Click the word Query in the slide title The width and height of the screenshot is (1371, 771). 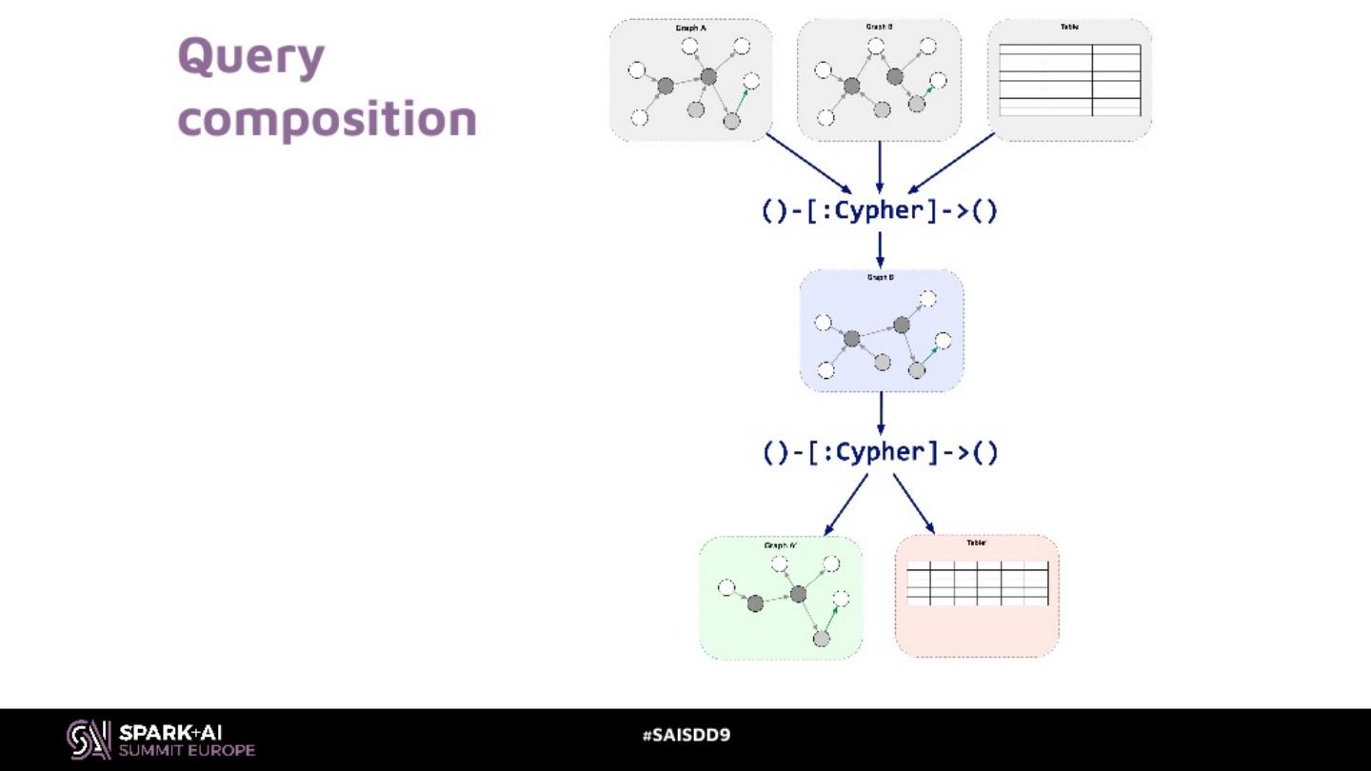coord(251,57)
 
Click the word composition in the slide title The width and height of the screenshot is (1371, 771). coord(327,119)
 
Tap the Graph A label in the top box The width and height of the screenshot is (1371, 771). coord(690,29)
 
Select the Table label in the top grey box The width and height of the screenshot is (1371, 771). coord(1069,27)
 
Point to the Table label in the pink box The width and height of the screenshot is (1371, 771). coord(976,543)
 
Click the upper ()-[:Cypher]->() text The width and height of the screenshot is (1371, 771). coord(880,210)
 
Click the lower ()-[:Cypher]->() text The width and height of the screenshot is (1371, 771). coord(880,452)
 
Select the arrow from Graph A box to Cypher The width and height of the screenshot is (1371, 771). coord(809,164)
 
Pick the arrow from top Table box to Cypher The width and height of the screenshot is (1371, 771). coord(951,163)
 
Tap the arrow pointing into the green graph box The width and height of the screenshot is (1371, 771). coord(845,504)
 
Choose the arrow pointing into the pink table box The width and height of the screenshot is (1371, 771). coord(914,504)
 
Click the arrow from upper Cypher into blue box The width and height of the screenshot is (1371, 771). coord(880,248)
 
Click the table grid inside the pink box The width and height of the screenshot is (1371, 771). coord(977,583)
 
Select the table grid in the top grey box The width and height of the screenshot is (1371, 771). coord(1069,80)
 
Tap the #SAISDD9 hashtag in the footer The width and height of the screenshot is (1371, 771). coord(686,735)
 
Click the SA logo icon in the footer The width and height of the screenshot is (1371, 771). coord(89,740)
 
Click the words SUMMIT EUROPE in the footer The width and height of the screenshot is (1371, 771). coord(187,750)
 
